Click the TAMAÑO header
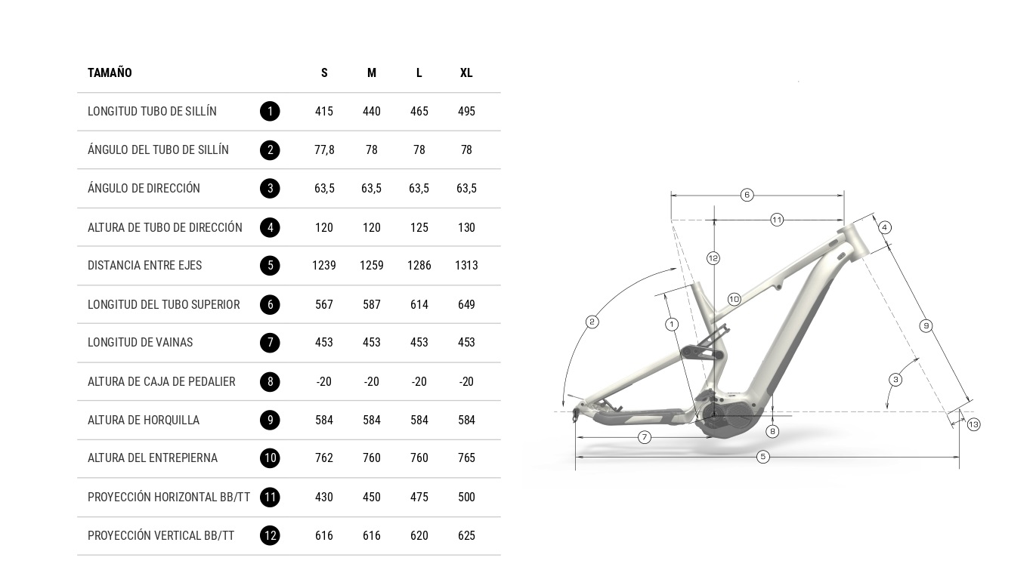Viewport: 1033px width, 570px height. pos(110,72)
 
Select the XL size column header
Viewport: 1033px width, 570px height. pos(466,72)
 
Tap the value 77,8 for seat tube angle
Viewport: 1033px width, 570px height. pos(324,149)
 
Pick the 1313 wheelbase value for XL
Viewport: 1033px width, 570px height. pos(466,266)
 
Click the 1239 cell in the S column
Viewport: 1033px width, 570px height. pos(324,266)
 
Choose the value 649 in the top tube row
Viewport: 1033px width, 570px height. pos(466,304)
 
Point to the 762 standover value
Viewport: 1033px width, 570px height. pos(324,458)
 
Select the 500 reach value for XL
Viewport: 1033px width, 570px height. pos(466,498)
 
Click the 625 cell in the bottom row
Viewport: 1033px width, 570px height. pos(466,536)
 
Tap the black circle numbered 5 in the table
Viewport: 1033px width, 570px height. pos(270,266)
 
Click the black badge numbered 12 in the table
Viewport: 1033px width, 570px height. pos(270,535)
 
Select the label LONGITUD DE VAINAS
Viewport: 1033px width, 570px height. pos(141,342)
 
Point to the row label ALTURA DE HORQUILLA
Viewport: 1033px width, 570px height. pos(144,421)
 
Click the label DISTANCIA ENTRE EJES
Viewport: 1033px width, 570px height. pos(145,266)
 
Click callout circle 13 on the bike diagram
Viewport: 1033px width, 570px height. pos(973,424)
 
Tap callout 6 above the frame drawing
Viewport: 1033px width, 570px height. pos(747,195)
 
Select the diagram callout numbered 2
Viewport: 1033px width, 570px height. pos(592,322)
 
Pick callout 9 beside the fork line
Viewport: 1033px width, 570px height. pos(926,326)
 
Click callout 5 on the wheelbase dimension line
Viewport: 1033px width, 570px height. pos(763,457)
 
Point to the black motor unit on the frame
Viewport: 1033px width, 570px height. pos(726,417)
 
